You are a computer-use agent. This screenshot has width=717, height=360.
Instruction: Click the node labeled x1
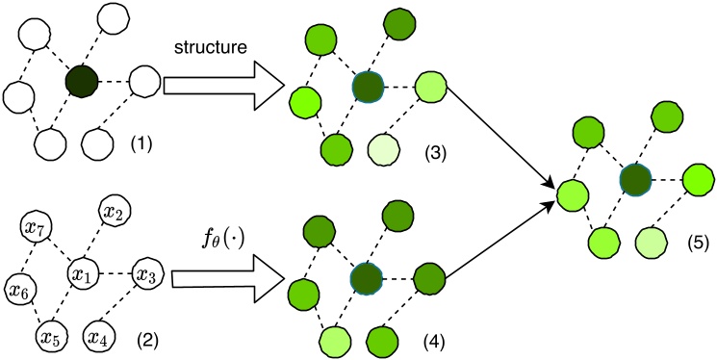point(84,274)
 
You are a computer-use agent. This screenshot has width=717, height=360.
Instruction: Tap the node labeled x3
point(146,275)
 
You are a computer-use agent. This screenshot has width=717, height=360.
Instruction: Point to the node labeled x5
point(48,337)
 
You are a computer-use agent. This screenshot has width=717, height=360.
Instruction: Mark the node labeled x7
point(36,229)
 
